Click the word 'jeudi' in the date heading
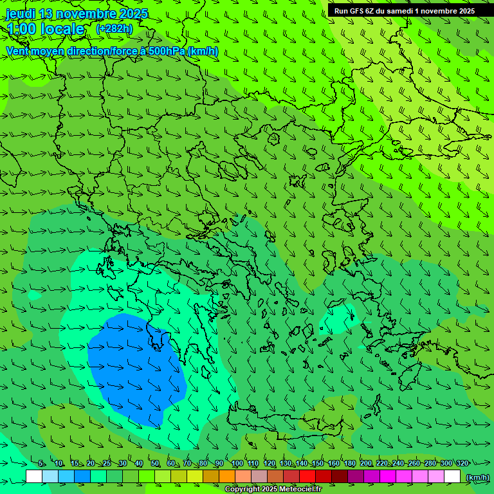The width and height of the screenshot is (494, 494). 21,14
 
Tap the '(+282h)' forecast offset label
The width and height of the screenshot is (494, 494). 114,28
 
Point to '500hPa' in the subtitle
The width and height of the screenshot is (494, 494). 170,51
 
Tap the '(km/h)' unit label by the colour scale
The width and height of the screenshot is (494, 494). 477,477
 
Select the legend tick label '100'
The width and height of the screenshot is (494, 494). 237,463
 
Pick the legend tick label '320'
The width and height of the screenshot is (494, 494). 462,463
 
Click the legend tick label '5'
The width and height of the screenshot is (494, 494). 41,463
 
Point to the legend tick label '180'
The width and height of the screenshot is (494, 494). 349,463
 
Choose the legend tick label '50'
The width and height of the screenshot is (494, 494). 155,463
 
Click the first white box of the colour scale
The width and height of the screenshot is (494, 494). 34,477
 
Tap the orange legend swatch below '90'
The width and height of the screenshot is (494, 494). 226,477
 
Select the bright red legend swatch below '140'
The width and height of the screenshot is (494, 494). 307,477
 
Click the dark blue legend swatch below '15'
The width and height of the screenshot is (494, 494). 82,477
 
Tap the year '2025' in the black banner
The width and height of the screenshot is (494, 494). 462,11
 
